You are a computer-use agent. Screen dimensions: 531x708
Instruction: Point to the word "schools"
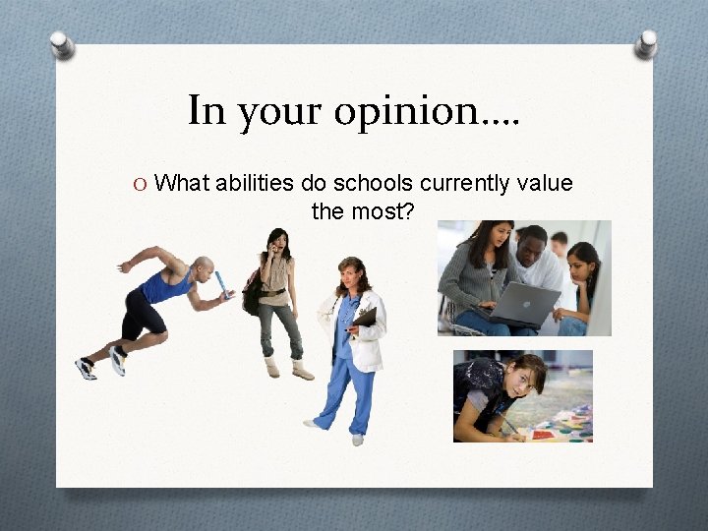pos(372,183)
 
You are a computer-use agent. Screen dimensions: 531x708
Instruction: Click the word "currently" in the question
pos(463,183)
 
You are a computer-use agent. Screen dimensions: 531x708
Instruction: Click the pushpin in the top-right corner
pos(646,43)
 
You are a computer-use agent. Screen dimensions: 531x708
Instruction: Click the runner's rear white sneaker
pos(86,368)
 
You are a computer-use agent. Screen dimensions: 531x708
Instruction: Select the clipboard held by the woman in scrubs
pos(365,319)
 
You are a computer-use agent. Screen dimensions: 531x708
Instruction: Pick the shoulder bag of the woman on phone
pos(253,293)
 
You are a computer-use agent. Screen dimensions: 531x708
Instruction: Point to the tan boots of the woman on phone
pos(285,369)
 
